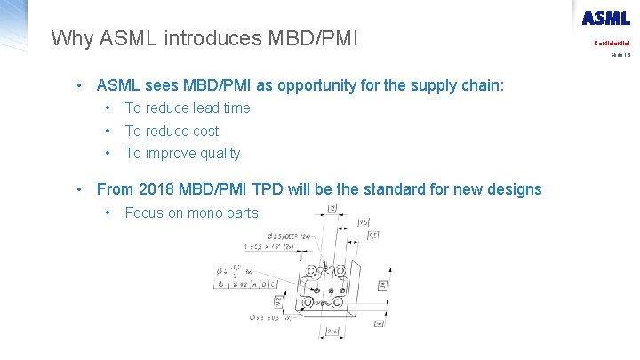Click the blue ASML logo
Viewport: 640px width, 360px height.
pos(605,18)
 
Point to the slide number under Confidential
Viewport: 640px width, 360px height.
pos(620,54)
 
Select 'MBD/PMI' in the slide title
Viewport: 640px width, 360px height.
pos(312,38)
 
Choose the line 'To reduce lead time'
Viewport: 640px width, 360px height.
pos(188,108)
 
